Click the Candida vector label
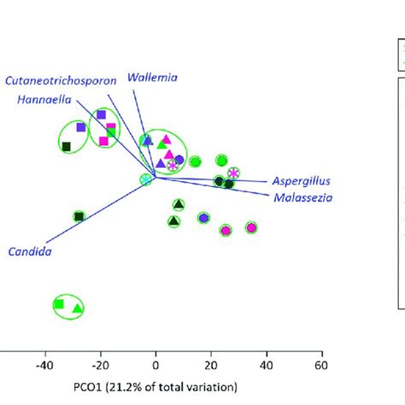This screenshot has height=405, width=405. click(x=28, y=251)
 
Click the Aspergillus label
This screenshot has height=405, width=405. click(x=301, y=181)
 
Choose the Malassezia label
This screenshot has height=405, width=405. click(x=303, y=197)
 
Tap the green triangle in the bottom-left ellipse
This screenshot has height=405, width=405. click(x=77, y=307)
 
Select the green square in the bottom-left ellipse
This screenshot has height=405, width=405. click(x=59, y=303)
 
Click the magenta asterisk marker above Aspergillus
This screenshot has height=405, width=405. click(x=233, y=173)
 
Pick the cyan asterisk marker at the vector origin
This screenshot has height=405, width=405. click(x=146, y=179)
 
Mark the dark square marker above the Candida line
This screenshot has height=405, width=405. click(x=79, y=216)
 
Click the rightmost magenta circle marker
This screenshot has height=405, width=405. click(x=251, y=227)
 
